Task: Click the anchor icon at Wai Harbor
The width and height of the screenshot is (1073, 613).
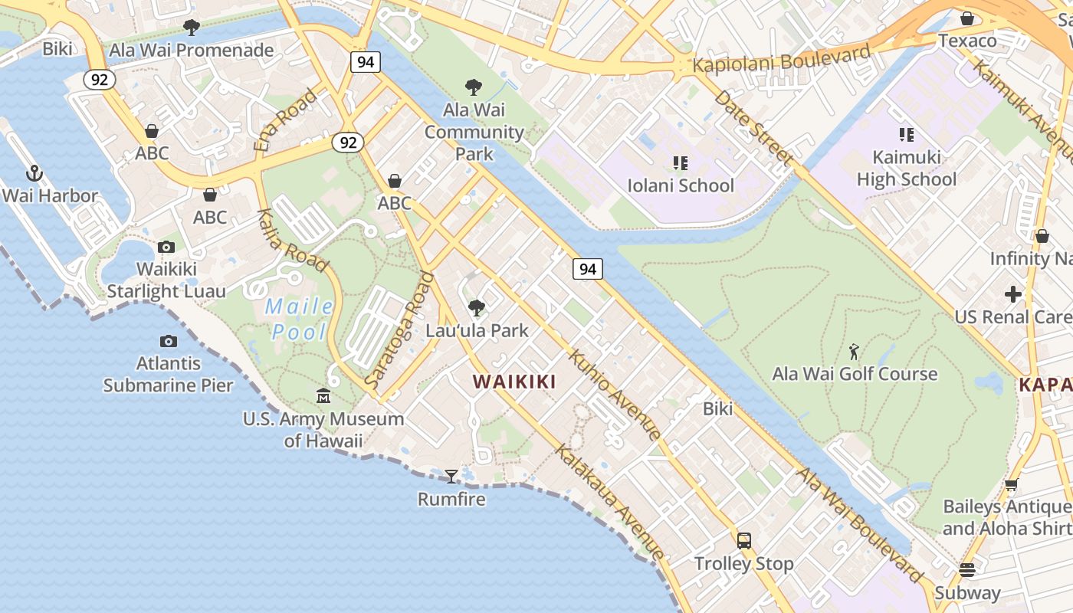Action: coord(33,172)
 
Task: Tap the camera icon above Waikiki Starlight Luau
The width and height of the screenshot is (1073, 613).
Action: coord(166,247)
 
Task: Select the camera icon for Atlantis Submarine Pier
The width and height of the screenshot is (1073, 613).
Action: coord(169,341)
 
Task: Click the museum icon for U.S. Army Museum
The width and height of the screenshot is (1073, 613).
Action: coord(323,396)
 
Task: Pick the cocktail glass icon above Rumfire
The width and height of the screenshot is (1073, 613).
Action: coord(451,477)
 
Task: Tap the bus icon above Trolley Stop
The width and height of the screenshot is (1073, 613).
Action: coord(743,541)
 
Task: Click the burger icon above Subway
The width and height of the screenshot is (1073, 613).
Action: coord(967,570)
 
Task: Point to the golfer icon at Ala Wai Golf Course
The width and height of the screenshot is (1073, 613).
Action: coord(855,352)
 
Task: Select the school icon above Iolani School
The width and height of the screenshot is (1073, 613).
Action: coord(680,162)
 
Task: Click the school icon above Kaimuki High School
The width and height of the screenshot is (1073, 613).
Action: coord(907,135)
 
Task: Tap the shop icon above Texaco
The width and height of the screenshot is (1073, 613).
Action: coord(967,18)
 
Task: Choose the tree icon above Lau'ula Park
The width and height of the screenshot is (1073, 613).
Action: coord(477,308)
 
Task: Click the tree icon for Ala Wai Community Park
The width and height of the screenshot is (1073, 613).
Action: coord(474,87)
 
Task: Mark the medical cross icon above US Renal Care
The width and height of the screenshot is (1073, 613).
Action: coord(1013,294)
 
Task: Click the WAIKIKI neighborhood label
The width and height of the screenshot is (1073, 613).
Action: coord(514,382)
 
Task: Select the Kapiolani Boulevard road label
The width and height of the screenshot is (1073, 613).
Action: coord(781,59)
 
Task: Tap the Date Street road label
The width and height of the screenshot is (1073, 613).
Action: coord(752,127)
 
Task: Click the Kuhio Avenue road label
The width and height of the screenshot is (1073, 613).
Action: coord(615,395)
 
